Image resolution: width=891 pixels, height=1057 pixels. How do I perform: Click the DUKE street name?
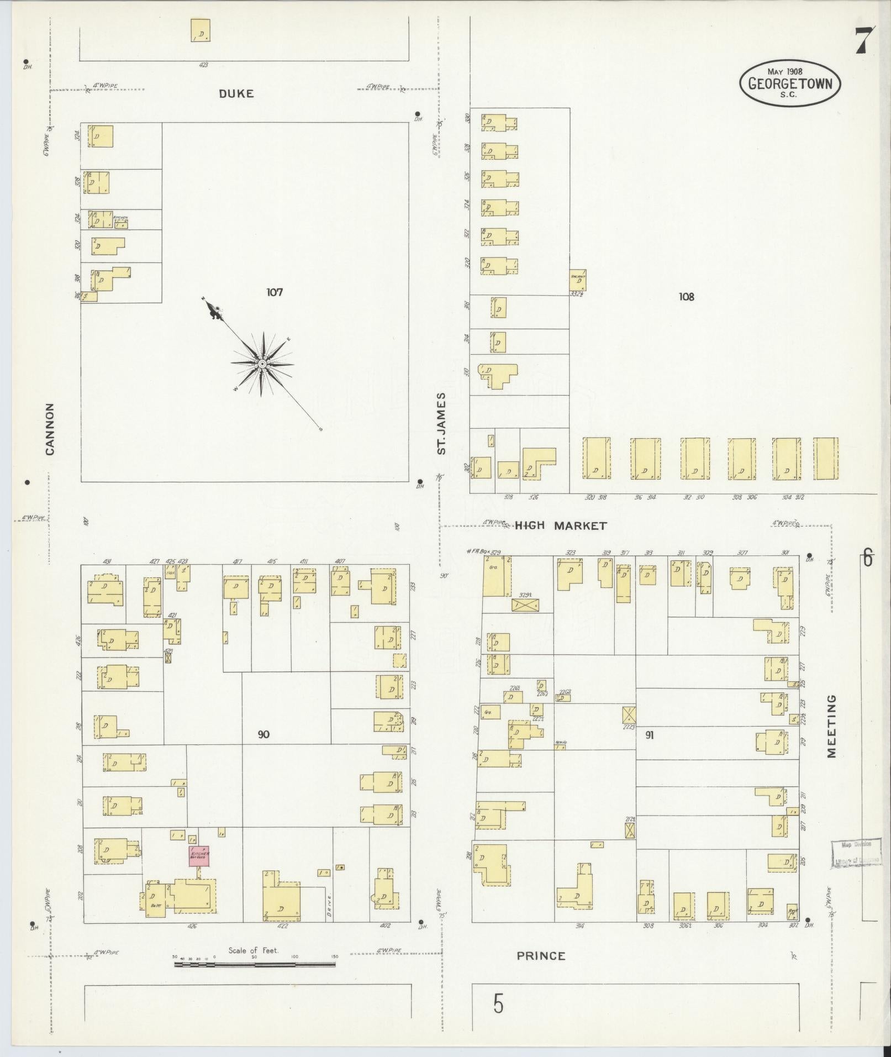point(236,94)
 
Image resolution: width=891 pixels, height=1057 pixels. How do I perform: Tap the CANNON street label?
point(50,429)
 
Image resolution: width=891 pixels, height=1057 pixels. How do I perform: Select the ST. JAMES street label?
point(441,424)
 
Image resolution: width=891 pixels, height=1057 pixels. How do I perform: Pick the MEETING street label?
point(832,726)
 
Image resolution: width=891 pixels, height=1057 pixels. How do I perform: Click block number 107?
point(274,292)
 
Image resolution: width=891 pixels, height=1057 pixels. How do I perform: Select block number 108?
point(686,297)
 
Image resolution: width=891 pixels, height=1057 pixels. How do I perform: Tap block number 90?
point(263,735)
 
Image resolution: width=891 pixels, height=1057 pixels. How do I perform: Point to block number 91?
point(649,735)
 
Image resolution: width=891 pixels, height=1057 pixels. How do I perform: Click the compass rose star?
point(262,364)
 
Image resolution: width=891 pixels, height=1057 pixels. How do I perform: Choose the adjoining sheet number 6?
point(868,559)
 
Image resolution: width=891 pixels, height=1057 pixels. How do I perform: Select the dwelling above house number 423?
point(201,30)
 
